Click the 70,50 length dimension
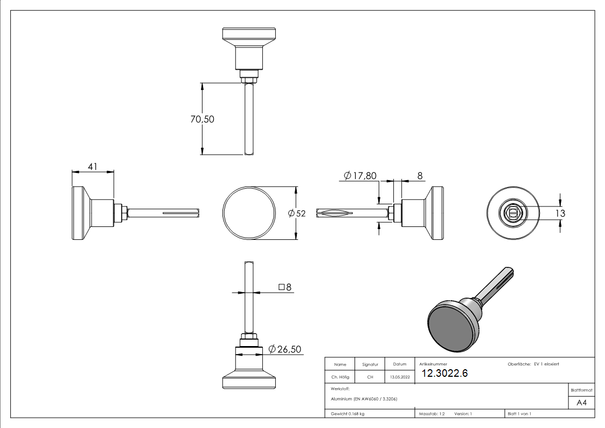point(202,119)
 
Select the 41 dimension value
point(93,167)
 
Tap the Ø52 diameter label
point(297,213)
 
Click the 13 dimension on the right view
point(560,213)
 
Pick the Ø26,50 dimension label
point(284,349)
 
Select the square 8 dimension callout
point(285,287)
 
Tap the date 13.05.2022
point(400,377)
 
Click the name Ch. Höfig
point(340,377)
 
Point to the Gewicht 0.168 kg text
point(347,414)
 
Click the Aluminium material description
point(364,398)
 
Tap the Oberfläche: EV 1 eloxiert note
point(533,364)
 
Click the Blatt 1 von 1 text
point(519,414)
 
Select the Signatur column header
point(370,365)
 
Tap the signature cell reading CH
point(370,377)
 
